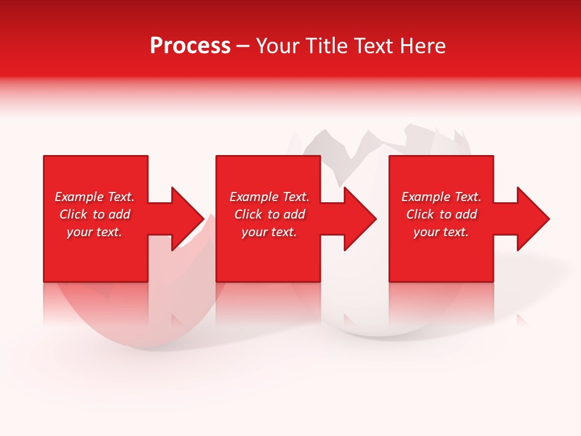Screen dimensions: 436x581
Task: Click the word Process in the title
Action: click(x=190, y=46)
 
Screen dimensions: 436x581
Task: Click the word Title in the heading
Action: click(x=327, y=46)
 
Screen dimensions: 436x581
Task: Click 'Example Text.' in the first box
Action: click(x=94, y=197)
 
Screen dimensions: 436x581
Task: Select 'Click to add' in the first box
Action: click(x=94, y=214)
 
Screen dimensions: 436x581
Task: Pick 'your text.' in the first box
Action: click(x=94, y=232)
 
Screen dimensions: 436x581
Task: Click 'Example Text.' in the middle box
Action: click(x=269, y=197)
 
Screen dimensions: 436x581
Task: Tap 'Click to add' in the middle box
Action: click(x=269, y=214)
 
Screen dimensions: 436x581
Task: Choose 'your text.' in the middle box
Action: click(x=269, y=232)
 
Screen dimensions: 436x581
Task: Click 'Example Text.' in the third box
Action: click(x=441, y=197)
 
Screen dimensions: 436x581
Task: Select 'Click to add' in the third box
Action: click(x=441, y=214)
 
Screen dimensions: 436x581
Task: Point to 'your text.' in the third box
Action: click(x=441, y=232)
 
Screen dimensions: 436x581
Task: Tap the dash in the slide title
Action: click(x=243, y=47)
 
